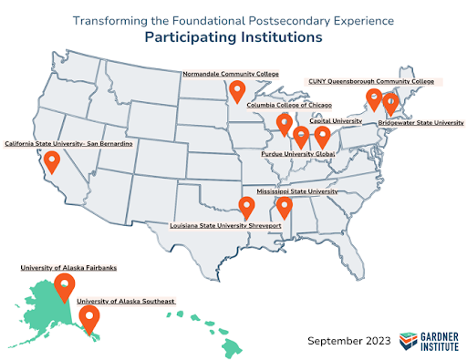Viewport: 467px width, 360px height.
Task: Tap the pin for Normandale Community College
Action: [237, 90]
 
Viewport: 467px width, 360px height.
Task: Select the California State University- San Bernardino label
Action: [69, 144]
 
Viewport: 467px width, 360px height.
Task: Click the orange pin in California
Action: [52, 162]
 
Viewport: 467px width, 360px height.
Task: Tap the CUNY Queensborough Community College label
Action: [373, 81]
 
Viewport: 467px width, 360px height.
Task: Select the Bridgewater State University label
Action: [420, 121]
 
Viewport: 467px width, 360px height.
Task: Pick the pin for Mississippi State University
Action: [285, 209]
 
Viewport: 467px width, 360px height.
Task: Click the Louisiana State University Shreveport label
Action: [222, 224]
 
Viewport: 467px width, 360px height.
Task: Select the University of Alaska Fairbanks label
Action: [76, 268]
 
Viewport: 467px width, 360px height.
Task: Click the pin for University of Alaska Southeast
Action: [88, 318]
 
